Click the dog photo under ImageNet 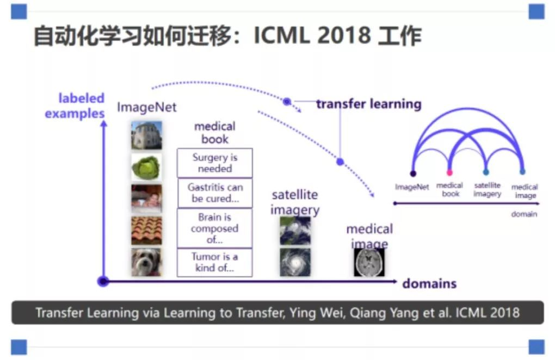[x=146, y=262]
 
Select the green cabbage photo [x=146, y=167]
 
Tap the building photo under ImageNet [x=146, y=135]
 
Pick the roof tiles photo [x=146, y=231]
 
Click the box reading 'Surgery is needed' [x=215, y=163]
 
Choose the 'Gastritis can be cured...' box [x=215, y=193]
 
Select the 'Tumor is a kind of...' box [x=215, y=262]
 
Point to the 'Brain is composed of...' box [x=215, y=228]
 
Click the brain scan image [x=369, y=262]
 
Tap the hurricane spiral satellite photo [x=295, y=262]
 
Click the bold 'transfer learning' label [x=369, y=104]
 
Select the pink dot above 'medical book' [x=449, y=173]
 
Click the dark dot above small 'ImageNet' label [x=413, y=173]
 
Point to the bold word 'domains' [x=429, y=284]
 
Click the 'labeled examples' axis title [x=75, y=105]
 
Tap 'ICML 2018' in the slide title [x=312, y=35]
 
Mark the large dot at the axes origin [x=103, y=282]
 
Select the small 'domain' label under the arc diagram [x=524, y=214]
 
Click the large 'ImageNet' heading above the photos [x=146, y=107]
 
